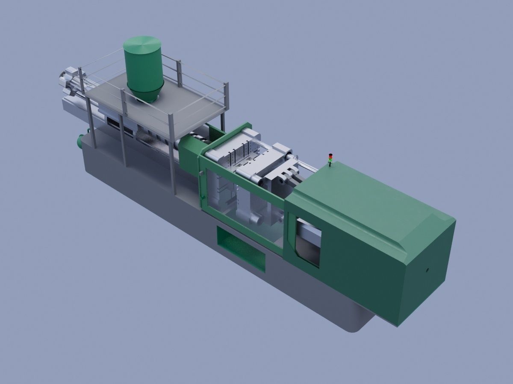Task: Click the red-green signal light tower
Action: pos(330,158)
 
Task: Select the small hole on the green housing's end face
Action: pos(427,270)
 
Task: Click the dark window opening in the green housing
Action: pos(308,241)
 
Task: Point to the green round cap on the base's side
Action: pos(80,141)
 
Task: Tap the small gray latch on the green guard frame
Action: pos(200,173)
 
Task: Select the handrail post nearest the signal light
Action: pos(226,96)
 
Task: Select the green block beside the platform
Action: pos(188,151)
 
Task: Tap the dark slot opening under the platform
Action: pos(113,124)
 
